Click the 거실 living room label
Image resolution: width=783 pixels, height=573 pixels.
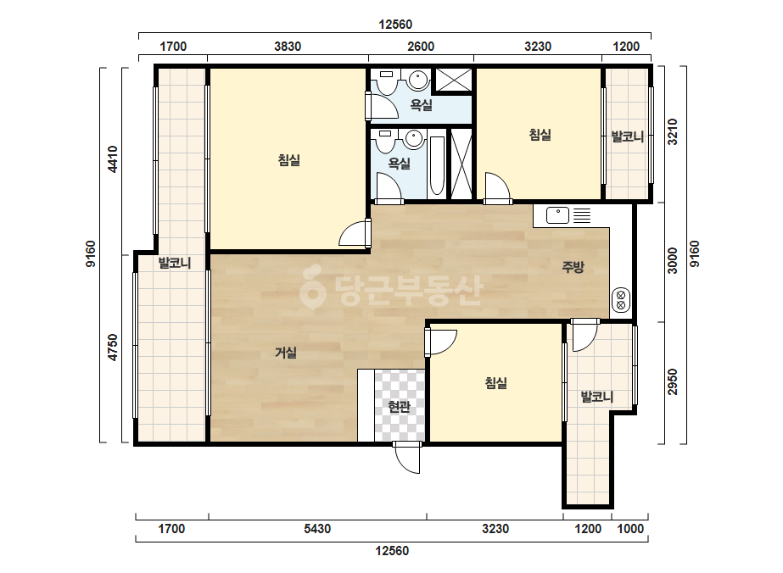(x=286, y=353)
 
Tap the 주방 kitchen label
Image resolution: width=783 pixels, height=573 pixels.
(x=573, y=267)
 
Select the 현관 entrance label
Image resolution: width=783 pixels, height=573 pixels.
(x=399, y=407)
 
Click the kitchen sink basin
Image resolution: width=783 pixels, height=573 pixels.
(x=558, y=215)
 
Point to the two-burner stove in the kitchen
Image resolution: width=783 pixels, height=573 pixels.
(x=621, y=299)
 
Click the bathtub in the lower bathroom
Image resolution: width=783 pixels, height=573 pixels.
(x=436, y=164)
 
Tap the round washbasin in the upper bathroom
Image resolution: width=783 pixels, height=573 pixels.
(x=417, y=80)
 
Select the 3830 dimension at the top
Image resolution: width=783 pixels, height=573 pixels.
(x=288, y=47)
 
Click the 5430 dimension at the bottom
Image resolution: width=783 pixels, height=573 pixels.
(x=317, y=529)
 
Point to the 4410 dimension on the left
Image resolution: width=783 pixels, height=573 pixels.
(x=113, y=159)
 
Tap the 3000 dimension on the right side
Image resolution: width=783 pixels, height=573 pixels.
(x=673, y=260)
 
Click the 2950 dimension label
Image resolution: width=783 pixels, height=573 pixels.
(x=673, y=381)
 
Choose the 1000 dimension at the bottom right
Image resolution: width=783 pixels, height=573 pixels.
(x=630, y=529)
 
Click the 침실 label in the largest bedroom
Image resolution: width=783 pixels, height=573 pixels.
(x=288, y=160)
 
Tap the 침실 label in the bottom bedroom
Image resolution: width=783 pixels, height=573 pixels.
(x=496, y=383)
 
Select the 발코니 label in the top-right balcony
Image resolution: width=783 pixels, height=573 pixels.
(x=627, y=136)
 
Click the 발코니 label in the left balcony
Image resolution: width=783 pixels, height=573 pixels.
(x=174, y=263)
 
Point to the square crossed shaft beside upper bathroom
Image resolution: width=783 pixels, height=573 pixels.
(x=454, y=80)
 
